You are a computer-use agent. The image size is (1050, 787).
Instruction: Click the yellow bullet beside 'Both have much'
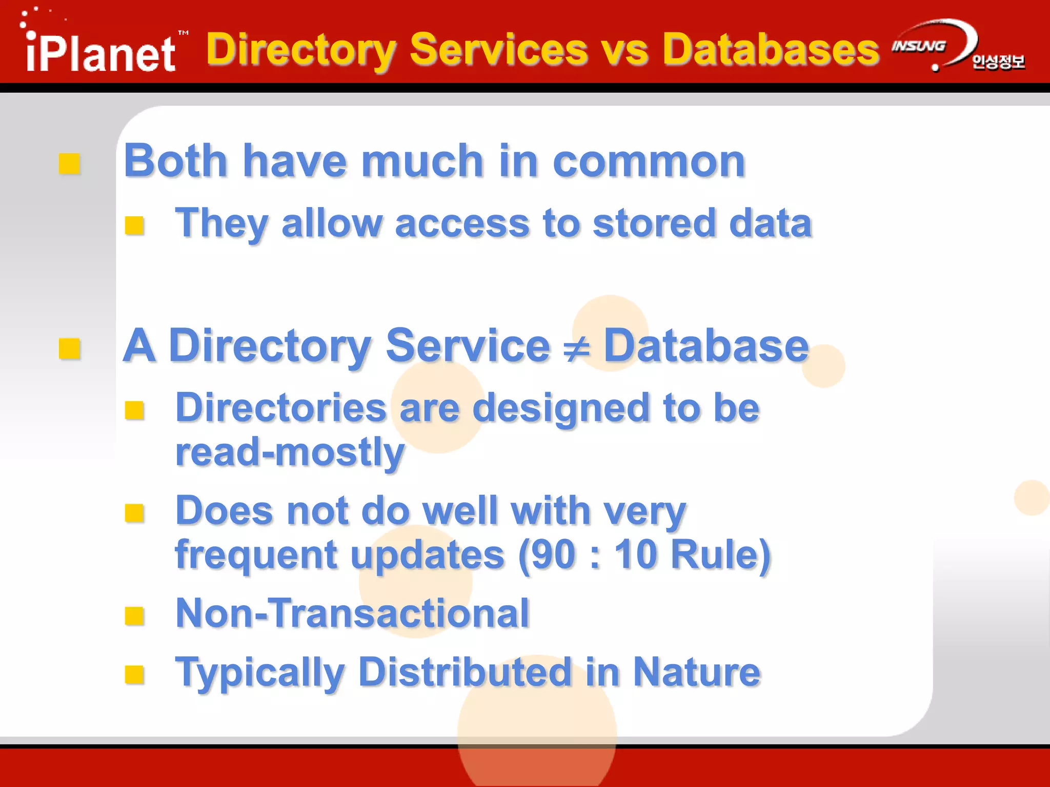click(69, 164)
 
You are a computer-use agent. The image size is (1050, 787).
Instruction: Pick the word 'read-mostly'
click(290, 453)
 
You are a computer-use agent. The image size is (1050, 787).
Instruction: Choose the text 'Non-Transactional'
click(352, 613)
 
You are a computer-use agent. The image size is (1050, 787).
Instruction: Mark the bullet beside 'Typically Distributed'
click(134, 675)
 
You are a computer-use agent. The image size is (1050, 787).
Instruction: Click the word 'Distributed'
click(465, 672)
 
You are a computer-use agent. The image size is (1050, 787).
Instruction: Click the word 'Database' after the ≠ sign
click(705, 346)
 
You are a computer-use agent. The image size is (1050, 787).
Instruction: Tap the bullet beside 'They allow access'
click(134, 225)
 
